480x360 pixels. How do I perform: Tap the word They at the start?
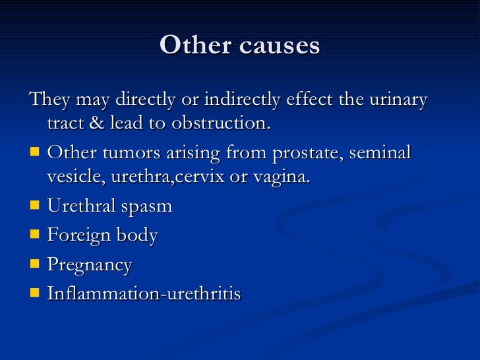point(50,100)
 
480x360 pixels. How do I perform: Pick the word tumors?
point(118,153)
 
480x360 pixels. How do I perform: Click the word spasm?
point(145,207)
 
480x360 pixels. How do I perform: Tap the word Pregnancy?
point(90,266)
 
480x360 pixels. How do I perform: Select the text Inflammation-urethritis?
point(144,294)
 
